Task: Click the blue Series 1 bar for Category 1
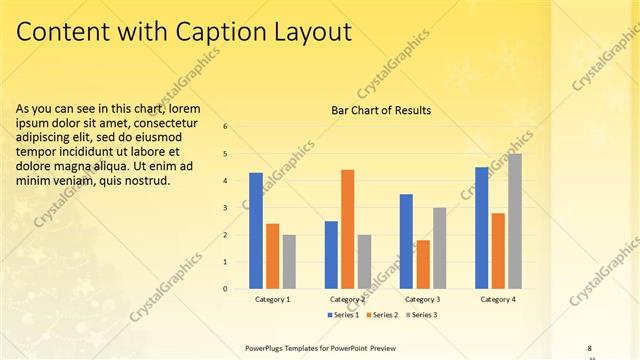tap(256, 231)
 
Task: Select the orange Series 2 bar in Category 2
tap(347, 229)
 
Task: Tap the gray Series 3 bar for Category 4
tap(514, 221)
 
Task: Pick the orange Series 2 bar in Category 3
tap(423, 264)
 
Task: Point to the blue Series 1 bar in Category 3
tap(406, 241)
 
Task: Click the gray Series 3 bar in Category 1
tap(288, 262)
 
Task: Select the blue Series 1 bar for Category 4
tap(482, 228)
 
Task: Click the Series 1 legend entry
tap(346, 315)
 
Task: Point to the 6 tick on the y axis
tap(225, 127)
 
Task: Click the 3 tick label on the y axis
tap(225, 208)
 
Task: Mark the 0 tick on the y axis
tap(225, 289)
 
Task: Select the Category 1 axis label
tap(272, 299)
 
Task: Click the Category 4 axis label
tap(498, 299)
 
